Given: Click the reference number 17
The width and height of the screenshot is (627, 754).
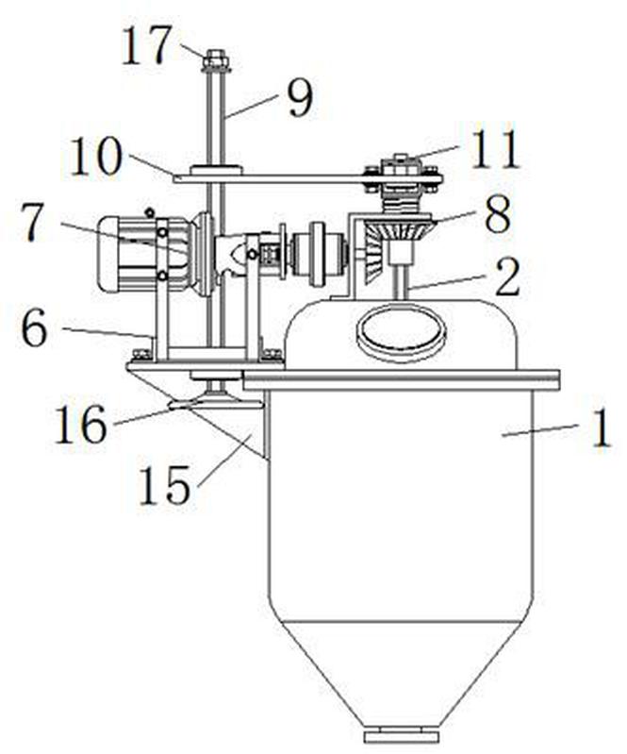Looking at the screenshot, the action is click(x=146, y=45).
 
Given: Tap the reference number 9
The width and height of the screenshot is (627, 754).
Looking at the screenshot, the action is click(x=300, y=98).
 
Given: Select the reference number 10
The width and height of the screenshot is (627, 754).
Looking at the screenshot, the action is click(x=96, y=157).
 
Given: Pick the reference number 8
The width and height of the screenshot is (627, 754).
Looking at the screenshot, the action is click(x=497, y=213).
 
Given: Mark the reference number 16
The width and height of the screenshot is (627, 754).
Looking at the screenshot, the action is click(x=80, y=423).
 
